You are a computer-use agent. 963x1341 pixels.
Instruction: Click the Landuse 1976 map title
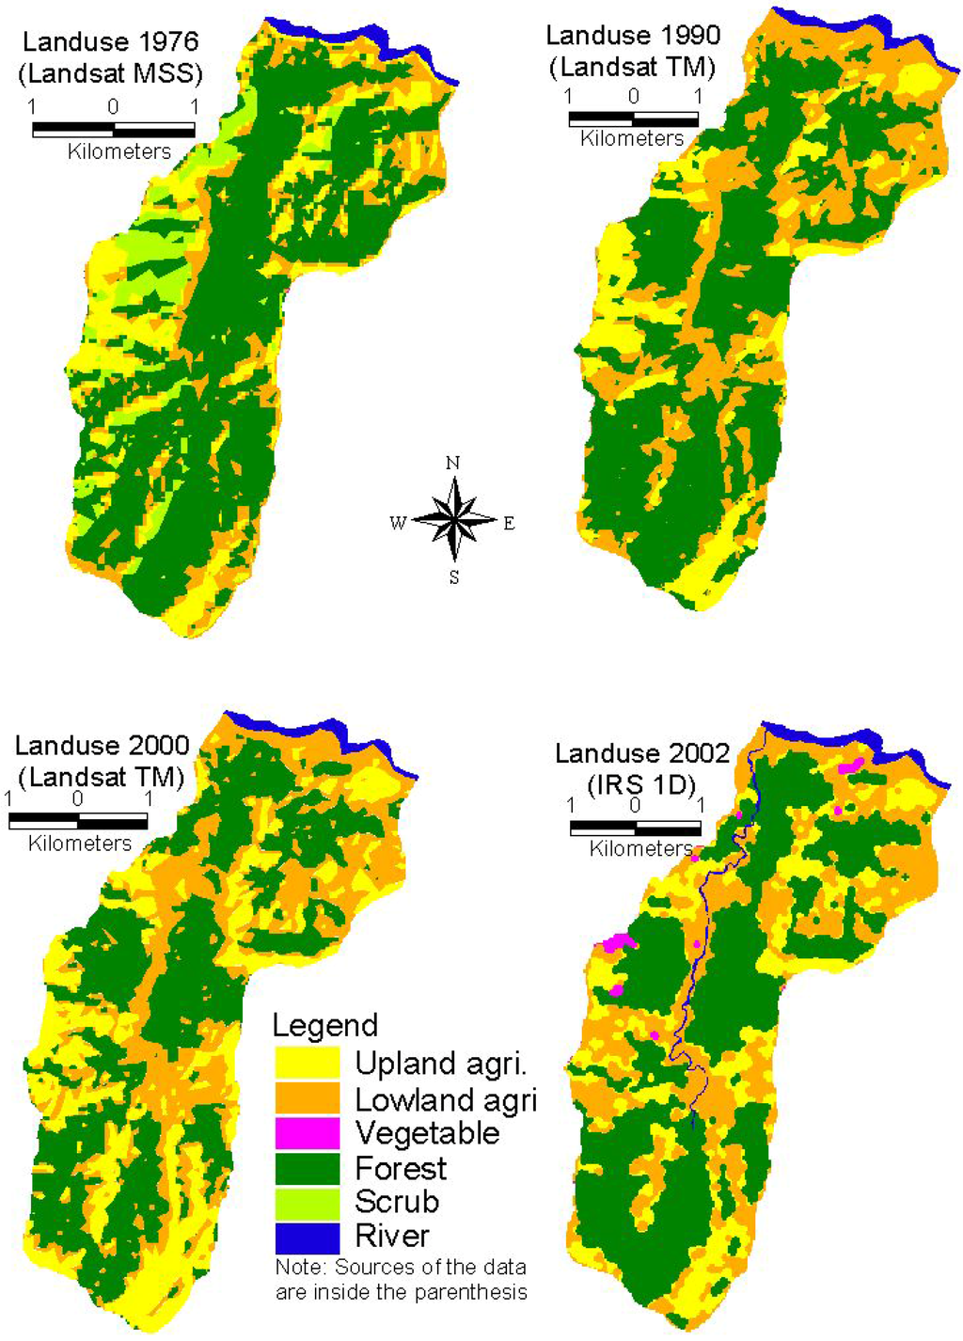point(110,42)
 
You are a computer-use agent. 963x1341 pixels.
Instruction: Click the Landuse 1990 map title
point(632,36)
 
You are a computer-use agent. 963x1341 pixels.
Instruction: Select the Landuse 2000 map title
point(102,746)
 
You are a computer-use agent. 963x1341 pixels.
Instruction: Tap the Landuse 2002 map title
point(642,753)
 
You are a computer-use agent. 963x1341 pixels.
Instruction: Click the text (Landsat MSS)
point(110,73)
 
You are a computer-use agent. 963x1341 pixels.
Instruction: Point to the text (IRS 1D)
point(641,784)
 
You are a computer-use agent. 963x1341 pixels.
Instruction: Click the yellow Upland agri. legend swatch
point(307,1063)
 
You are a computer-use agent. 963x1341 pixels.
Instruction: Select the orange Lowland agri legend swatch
point(307,1098)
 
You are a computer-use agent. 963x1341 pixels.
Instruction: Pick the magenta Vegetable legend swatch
point(307,1133)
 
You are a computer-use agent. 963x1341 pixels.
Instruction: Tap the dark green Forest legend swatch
point(307,1168)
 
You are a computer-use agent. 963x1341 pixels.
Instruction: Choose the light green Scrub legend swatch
point(307,1202)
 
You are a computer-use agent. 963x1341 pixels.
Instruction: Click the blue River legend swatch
point(307,1237)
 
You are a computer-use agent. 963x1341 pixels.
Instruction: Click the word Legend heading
point(324,1025)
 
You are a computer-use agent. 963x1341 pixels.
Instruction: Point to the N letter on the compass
point(453,463)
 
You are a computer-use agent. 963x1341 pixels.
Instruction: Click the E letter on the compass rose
point(509,524)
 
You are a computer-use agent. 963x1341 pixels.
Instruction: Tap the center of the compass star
point(454,519)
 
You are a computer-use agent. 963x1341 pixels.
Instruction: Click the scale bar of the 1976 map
point(113,130)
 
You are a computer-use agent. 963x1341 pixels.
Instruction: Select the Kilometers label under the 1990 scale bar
point(632,139)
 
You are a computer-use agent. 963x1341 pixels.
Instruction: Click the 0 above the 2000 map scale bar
point(77,799)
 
